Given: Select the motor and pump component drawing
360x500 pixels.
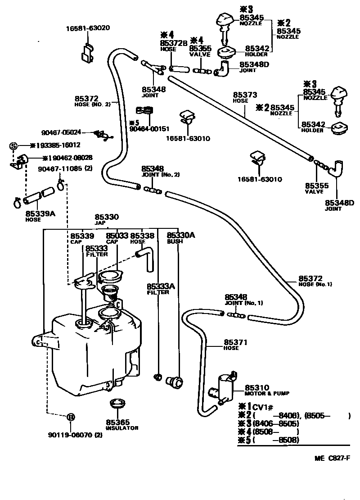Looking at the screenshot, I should [224, 386].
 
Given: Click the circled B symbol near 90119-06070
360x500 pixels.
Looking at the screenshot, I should [71, 417].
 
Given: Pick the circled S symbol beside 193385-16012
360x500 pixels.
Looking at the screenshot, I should [13, 145].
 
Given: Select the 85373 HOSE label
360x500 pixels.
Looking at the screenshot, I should [245, 98].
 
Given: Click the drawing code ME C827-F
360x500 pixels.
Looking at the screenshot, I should [332, 459].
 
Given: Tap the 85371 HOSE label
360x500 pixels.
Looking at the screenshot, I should [235, 345].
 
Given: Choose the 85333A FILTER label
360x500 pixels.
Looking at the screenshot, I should [157, 289].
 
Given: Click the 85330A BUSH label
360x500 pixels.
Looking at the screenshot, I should [180, 238].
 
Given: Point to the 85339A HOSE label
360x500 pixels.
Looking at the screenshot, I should [40, 216].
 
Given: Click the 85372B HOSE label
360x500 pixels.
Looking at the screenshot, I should [173, 45].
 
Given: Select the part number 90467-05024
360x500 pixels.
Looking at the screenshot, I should [61, 132].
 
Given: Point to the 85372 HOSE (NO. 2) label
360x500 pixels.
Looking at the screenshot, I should [92, 101].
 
